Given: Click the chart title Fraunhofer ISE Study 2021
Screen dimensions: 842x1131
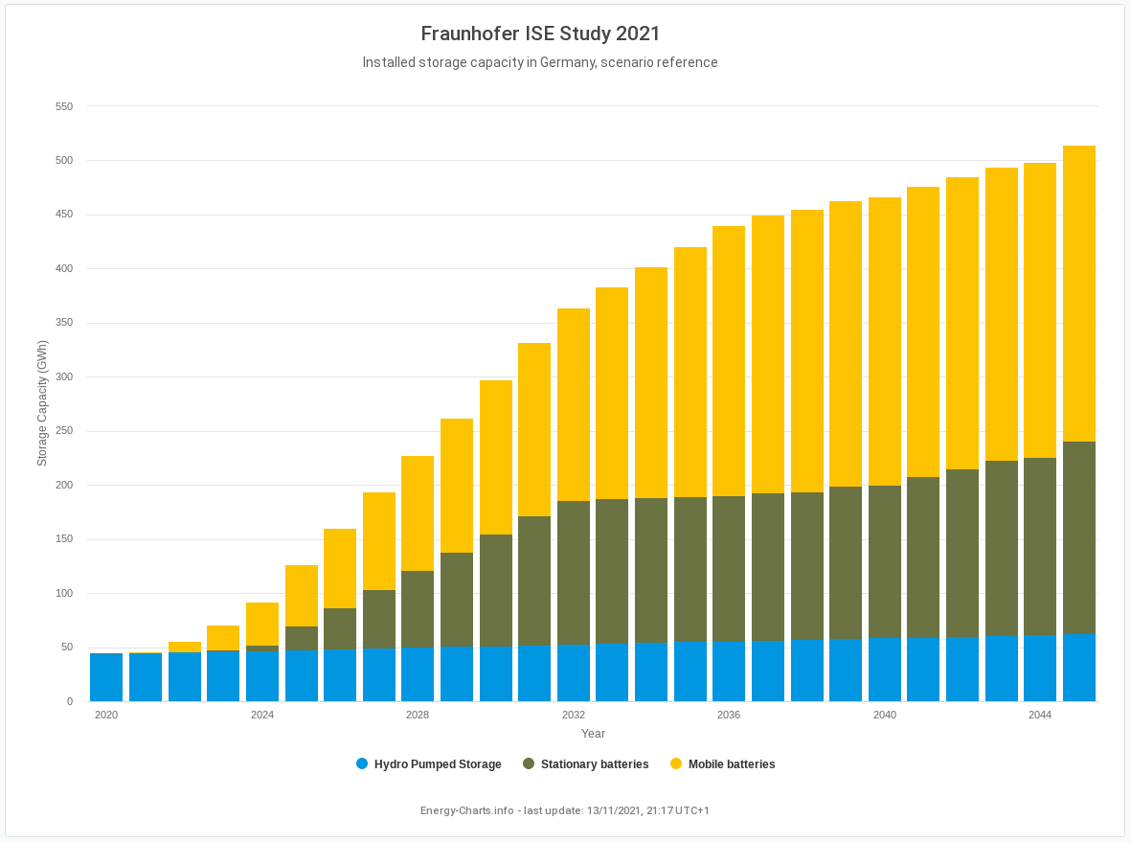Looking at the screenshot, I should pos(540,34).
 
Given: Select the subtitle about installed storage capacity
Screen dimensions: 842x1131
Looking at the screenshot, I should pos(540,62).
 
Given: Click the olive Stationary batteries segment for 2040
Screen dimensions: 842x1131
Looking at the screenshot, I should pos(885,561).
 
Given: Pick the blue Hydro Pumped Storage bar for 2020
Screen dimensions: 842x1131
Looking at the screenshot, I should pos(106,677).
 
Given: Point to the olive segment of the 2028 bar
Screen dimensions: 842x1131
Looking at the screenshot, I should pos(418,609).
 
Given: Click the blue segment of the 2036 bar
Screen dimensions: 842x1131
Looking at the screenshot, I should pos(729,671).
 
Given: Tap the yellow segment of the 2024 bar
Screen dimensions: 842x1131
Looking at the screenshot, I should pos(262,624).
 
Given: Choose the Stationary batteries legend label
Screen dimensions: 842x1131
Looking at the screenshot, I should pos(595,764).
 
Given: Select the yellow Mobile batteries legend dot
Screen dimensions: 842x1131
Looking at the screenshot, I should pos(676,763).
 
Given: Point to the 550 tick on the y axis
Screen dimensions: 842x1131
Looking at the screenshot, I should pos(64,106).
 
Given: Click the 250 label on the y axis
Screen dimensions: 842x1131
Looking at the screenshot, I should pos(64,431).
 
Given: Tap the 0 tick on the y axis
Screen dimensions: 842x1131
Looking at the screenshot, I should pos(70,701).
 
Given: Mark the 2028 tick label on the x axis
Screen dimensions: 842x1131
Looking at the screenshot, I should pos(418,716).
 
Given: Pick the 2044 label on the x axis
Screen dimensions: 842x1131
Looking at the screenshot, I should pos(1040,716).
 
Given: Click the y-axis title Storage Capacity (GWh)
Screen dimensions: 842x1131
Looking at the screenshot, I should pos(42,403).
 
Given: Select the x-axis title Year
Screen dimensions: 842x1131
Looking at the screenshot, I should pos(593,734).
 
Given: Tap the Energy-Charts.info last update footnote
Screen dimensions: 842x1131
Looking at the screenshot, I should pos(565,810).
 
